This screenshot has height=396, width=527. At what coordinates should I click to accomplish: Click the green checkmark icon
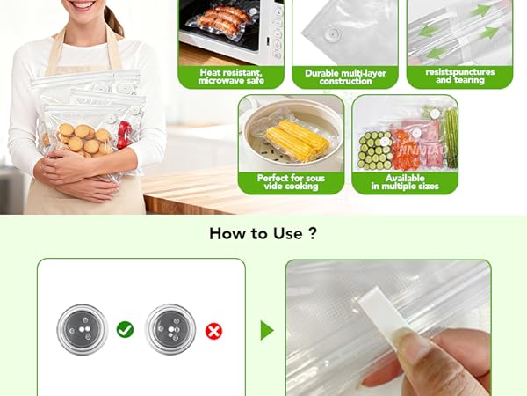(125, 330)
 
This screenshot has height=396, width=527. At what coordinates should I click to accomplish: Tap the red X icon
(213, 331)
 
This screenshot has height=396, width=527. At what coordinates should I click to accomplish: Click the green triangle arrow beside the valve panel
(267, 330)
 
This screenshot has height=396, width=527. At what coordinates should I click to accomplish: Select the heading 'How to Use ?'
(263, 234)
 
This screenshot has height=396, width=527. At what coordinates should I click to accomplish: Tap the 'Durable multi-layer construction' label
(345, 77)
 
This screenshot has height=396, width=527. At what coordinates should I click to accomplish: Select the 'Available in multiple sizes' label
(404, 182)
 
